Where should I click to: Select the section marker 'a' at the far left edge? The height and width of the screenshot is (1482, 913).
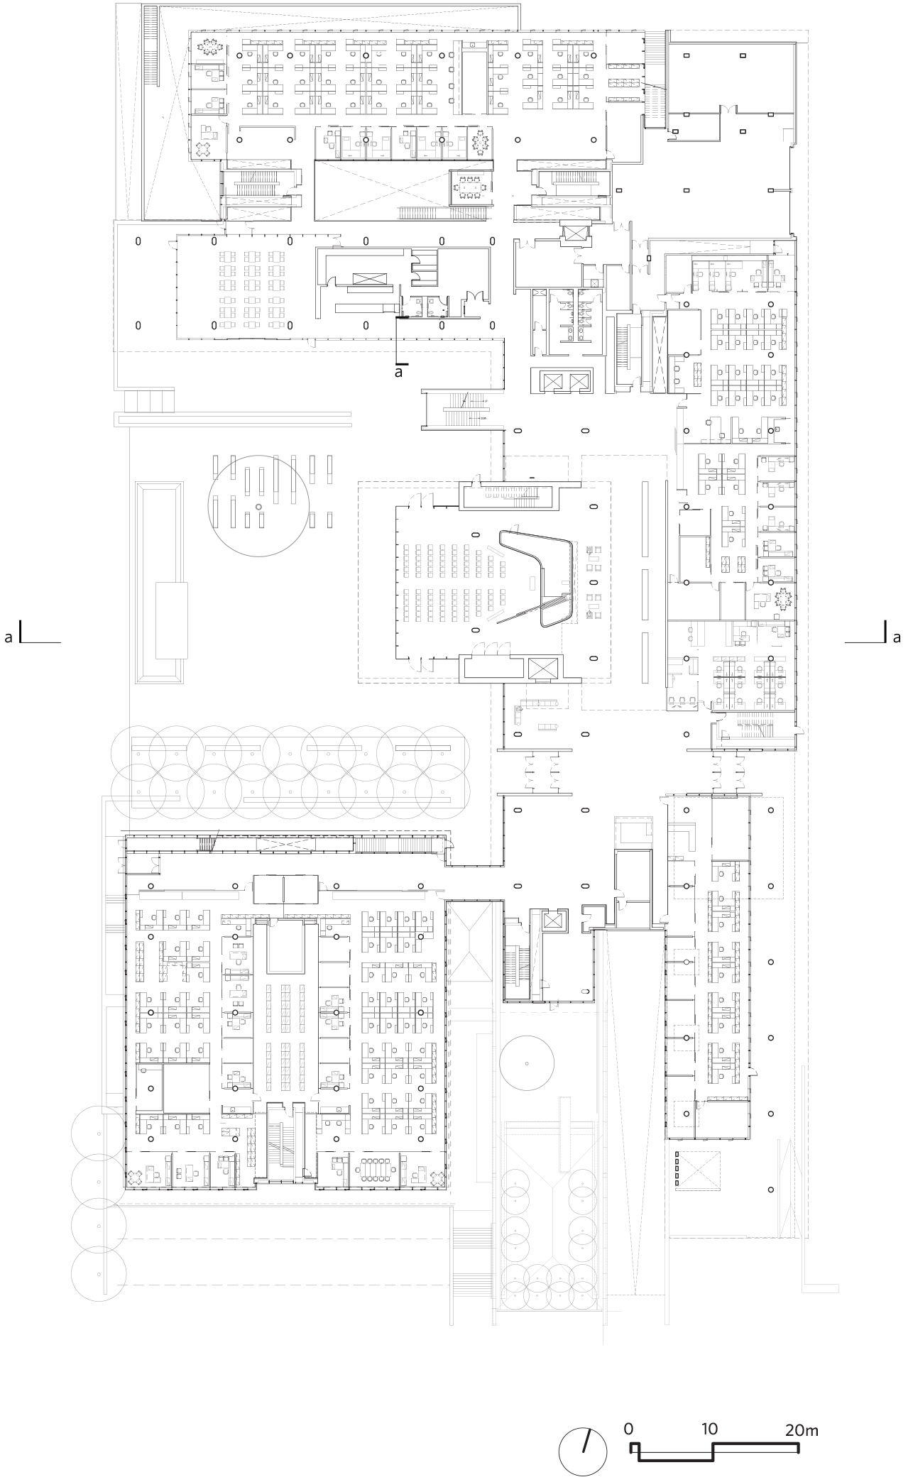[9, 637]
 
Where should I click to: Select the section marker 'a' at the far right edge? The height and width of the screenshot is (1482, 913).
[897, 637]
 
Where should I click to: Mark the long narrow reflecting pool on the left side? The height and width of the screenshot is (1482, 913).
[159, 583]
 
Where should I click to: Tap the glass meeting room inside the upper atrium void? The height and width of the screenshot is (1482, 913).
[471, 187]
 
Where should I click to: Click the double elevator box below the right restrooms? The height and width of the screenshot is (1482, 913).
[565, 382]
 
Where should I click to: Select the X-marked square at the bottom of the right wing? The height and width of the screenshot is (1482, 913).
[702, 1169]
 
